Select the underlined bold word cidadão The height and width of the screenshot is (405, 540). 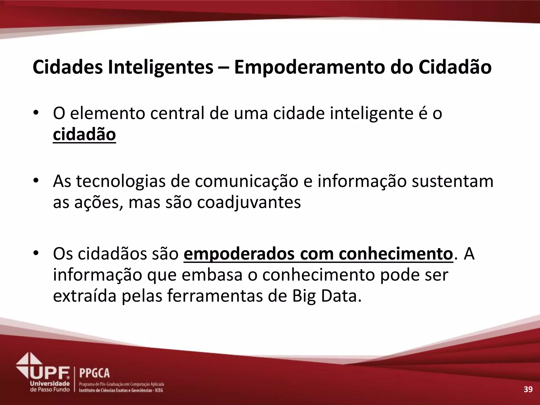(84, 134)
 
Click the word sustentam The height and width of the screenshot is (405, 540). (452, 182)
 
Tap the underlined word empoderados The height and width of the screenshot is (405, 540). (239, 254)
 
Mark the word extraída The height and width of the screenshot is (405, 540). (85, 296)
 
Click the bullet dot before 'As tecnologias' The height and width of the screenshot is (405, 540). (36, 181)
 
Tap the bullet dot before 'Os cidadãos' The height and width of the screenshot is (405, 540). (36, 254)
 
